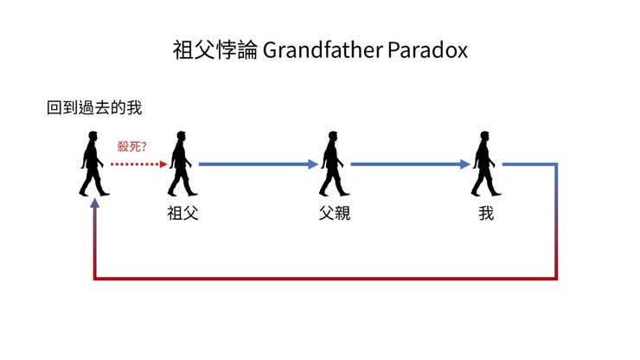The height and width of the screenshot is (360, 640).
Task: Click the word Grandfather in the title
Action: coord(323,50)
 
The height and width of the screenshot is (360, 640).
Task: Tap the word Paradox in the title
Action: coord(427,50)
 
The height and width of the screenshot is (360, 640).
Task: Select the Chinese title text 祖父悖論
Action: coord(215,50)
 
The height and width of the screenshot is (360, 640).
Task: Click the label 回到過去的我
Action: coord(94,108)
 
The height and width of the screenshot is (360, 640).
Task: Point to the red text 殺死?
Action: coord(131,146)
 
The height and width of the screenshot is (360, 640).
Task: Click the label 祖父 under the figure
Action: coord(182,213)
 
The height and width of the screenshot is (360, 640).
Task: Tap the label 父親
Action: coord(335,213)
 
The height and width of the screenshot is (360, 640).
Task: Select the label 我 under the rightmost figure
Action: coord(486,213)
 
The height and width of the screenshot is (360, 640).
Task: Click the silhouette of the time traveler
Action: coord(93,164)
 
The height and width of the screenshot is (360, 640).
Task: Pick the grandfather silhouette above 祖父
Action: coord(182,164)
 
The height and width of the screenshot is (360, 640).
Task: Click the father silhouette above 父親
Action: coord(334,164)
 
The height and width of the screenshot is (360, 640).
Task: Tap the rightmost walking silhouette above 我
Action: coord(486,164)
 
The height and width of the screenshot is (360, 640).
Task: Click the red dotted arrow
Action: coord(138,164)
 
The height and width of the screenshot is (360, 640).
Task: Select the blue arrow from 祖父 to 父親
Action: coord(259,164)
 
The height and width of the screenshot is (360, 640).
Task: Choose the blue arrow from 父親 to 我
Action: coord(411,164)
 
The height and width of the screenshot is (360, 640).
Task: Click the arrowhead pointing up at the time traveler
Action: coord(94,203)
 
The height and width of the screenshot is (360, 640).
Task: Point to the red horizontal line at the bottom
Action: coord(325,279)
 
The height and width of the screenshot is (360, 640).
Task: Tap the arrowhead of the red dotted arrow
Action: coord(163,164)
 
